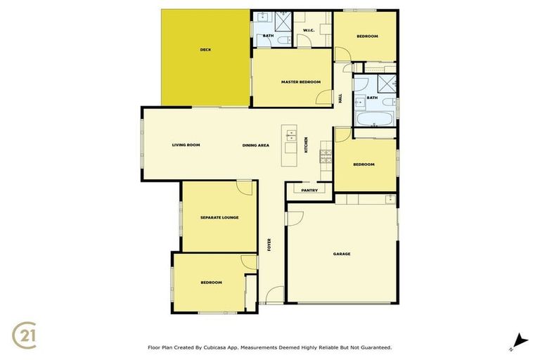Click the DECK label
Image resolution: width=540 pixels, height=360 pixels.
(x=205, y=49)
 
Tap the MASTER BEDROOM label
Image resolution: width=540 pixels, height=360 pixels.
(x=300, y=82)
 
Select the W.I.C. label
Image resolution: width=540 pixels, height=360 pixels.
(x=308, y=30)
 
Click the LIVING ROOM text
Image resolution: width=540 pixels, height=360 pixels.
(x=186, y=145)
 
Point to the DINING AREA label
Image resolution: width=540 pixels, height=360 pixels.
(x=256, y=145)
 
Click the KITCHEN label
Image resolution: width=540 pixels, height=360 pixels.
(x=306, y=145)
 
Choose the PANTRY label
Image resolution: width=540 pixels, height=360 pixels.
(x=309, y=190)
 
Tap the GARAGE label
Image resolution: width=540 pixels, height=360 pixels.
(x=342, y=254)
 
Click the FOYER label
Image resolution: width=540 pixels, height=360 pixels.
(x=269, y=245)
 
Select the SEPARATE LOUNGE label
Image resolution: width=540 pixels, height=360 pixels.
(x=219, y=217)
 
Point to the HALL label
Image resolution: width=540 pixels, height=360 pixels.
(x=340, y=99)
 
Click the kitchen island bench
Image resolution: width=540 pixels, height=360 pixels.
(x=289, y=146)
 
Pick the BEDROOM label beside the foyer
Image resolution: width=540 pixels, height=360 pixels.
(x=211, y=282)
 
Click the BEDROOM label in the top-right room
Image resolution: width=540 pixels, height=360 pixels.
(x=367, y=36)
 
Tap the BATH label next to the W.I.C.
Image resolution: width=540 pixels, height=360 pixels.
(x=268, y=35)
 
